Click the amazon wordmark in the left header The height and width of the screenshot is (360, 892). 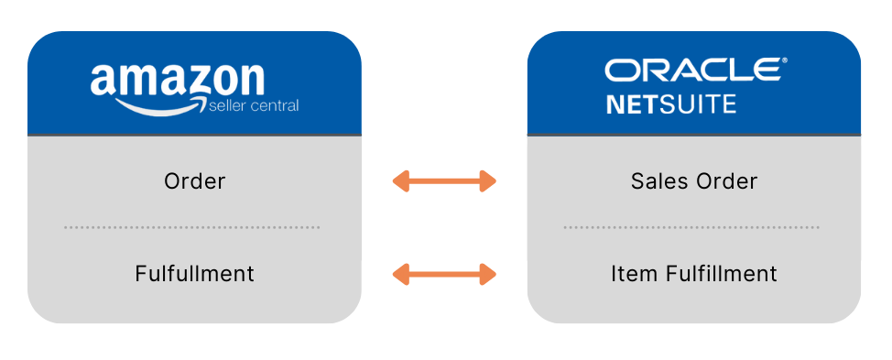pyautogui.click(x=177, y=80)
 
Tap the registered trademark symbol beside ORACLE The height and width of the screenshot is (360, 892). pyautogui.click(x=783, y=62)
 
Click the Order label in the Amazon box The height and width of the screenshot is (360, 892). pyautogui.click(x=194, y=181)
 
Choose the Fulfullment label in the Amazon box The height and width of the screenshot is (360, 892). pyautogui.click(x=194, y=273)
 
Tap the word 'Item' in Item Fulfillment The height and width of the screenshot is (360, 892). pyautogui.click(x=630, y=273)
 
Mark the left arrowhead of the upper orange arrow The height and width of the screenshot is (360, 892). pyautogui.click(x=400, y=181)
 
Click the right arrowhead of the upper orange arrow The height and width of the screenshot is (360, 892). pyautogui.click(x=488, y=181)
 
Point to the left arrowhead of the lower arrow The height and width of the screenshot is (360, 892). pyautogui.click(x=400, y=273)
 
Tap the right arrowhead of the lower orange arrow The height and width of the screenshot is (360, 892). pyautogui.click(x=488, y=273)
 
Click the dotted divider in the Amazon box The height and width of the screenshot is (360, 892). pyautogui.click(x=192, y=227)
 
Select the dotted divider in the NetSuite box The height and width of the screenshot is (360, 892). pyautogui.click(x=692, y=227)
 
